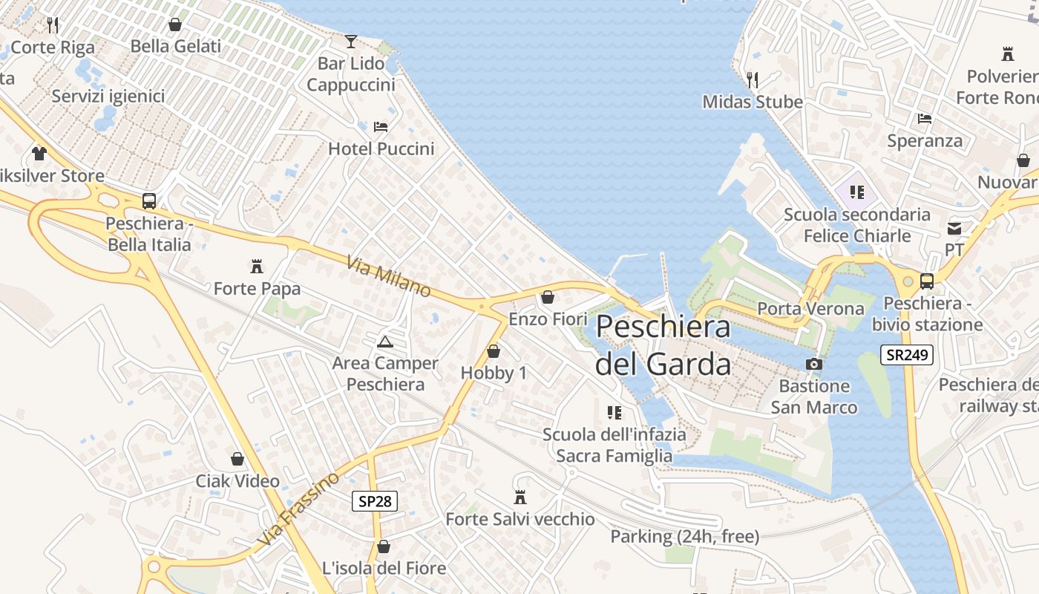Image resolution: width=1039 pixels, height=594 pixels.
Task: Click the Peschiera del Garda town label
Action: pos(663,345)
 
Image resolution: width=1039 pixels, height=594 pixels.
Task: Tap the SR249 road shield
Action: pos(906,355)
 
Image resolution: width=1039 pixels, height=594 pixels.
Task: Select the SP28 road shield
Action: pos(374,501)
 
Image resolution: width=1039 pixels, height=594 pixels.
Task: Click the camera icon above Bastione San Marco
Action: pos(814,364)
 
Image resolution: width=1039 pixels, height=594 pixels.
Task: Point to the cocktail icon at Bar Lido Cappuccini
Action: pos(351,41)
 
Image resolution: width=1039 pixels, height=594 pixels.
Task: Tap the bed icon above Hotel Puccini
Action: pos(381,127)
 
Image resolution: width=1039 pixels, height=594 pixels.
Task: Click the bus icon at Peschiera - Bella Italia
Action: pos(149,201)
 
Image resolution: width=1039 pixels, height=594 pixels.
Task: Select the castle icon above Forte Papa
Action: pos(257,266)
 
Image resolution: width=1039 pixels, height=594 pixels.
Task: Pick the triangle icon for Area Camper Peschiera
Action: pos(384,342)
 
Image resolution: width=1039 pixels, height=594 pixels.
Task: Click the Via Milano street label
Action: pos(388,276)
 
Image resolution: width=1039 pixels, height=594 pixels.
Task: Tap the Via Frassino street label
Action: pos(300,509)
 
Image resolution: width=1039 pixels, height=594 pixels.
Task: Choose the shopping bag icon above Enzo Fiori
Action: pos(548,297)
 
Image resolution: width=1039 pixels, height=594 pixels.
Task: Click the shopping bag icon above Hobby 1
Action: pos(494,351)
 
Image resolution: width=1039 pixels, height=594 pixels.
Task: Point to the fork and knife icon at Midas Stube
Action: pos(753,79)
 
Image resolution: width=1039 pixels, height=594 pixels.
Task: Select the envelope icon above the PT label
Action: pos(954,229)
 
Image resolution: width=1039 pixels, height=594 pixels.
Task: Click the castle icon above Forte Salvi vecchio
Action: pos(519,497)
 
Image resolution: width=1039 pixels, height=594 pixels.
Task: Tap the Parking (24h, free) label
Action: pos(684,536)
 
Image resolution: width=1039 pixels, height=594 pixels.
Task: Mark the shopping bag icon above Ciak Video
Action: pos(237,459)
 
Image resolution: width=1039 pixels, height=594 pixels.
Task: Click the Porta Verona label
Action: pos(810,308)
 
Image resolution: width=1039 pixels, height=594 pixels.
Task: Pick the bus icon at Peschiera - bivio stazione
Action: pos(927,281)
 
